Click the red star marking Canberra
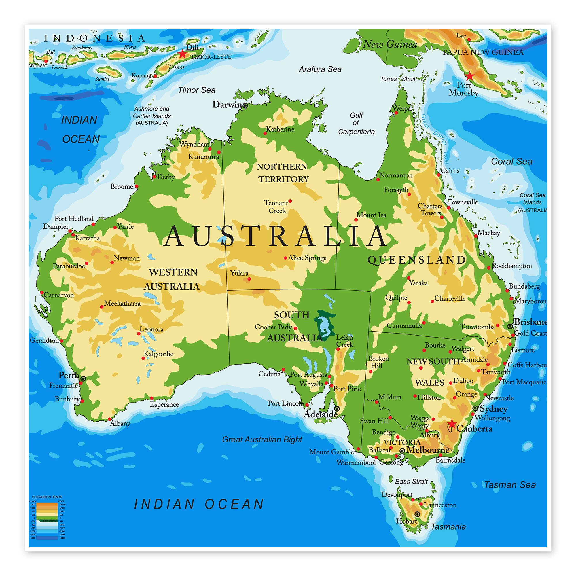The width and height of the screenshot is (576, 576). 452,423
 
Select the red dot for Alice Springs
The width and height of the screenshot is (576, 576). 285,258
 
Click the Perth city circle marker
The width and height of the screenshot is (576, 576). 84,379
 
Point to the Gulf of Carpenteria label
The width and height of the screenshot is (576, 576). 356,123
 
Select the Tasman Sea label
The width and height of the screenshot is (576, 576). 509,485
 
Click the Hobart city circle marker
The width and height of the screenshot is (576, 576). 417,514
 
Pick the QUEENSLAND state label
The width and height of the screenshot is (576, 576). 416,260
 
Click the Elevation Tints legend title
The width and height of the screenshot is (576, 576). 47,497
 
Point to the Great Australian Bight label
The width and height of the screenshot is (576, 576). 262,439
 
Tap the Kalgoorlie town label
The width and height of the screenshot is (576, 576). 158,354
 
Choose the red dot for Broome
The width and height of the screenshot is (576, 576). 137,187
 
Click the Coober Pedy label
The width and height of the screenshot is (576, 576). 273,327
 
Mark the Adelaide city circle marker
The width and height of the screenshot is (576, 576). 337,408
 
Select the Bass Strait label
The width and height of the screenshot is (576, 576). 411,482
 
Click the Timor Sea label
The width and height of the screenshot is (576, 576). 196,90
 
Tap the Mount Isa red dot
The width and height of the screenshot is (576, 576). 356,220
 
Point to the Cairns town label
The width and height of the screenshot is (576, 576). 450,171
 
